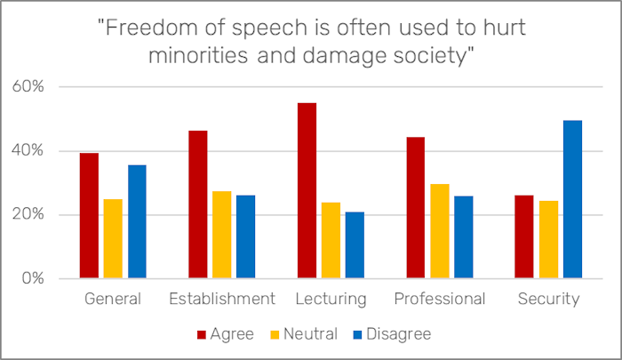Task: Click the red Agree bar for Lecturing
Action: click(x=306, y=191)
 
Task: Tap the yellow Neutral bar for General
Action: click(x=113, y=238)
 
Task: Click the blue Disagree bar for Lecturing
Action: click(x=355, y=245)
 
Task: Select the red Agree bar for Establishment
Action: click(x=197, y=204)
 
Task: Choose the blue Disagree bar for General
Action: click(x=137, y=221)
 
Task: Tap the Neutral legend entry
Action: click(x=306, y=334)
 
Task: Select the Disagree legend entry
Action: click(x=392, y=334)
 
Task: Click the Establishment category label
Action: click(x=221, y=299)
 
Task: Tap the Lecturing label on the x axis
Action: click(x=331, y=299)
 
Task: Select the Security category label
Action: click(x=548, y=299)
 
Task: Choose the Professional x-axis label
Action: click(x=439, y=299)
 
